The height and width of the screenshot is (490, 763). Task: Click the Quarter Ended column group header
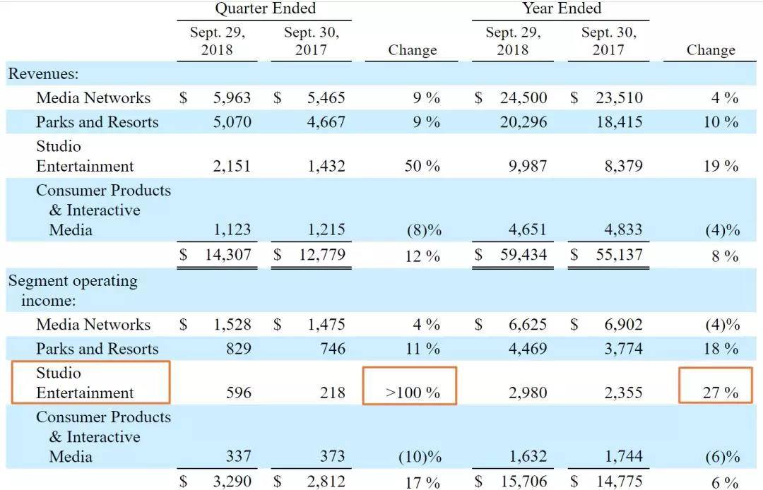pos(265,9)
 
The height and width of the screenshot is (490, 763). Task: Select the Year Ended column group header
pos(562,9)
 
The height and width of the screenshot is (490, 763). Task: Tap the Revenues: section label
pos(43,74)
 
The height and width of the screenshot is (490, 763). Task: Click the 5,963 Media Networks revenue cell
pos(232,98)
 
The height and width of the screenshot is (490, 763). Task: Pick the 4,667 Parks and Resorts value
pos(326,122)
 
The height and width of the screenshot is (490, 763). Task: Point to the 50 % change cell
pos(422,167)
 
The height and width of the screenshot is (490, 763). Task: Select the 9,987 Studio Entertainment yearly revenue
pos(524,167)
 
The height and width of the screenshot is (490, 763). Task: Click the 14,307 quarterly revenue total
pos(227,255)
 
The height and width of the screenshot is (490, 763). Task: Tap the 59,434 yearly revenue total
pos(523,255)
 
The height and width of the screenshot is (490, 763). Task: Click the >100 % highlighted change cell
pos(412,393)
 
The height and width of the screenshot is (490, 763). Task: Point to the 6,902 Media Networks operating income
pos(619,325)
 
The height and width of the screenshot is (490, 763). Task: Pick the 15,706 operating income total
pos(523,482)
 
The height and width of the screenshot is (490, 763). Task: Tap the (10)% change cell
pos(421,457)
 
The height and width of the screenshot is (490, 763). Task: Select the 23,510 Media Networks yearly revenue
pos(619,98)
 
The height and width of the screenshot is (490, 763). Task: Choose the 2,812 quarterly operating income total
pos(321,482)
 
